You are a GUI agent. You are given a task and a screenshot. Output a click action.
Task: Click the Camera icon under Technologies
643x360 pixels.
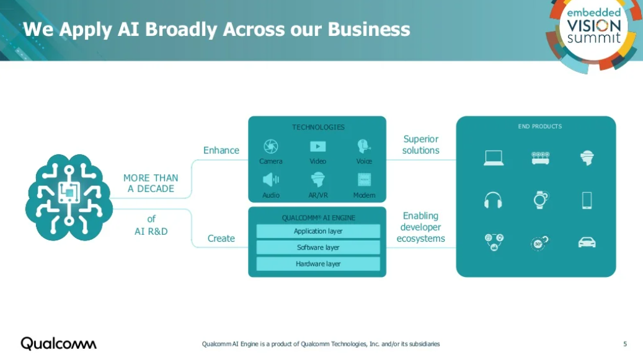point(271,146)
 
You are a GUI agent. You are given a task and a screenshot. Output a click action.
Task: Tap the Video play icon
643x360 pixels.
point(317,146)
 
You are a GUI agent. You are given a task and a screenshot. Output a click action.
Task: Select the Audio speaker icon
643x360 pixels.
point(271,180)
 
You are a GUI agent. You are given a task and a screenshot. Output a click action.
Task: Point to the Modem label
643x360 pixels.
point(364,195)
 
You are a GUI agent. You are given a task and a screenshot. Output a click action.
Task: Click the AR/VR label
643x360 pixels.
point(317,195)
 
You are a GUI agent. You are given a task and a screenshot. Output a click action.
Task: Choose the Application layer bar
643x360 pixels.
point(317,231)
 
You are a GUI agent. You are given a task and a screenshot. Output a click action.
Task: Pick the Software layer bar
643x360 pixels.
point(317,247)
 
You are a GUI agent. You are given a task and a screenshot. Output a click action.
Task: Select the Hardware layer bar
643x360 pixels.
point(317,264)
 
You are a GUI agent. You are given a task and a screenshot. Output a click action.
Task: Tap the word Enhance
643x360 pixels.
point(221,151)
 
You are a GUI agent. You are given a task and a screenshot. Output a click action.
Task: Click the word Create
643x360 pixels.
point(221,239)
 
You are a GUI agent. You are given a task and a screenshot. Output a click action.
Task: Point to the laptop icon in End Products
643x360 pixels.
point(494,158)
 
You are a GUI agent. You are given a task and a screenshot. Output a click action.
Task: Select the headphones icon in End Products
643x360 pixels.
point(493,200)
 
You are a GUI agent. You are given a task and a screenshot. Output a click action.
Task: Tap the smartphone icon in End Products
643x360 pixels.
point(587,200)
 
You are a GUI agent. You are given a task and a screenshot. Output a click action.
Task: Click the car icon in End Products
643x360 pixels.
point(587,242)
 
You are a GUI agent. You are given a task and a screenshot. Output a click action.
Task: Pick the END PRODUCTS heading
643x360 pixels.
point(539,126)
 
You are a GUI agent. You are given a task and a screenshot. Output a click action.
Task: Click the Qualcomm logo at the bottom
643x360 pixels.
point(58,343)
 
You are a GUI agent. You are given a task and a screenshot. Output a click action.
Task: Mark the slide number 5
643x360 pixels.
point(625,344)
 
